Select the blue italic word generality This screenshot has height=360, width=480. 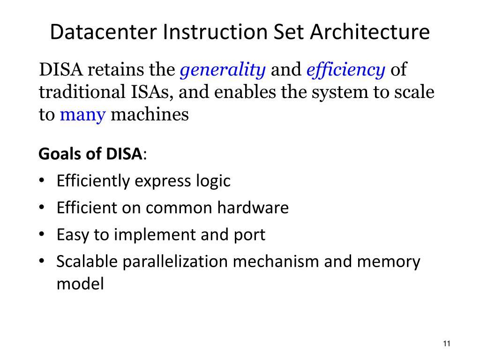[x=223, y=70]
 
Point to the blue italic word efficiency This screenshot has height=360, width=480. [x=345, y=70]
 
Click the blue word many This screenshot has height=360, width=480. [x=82, y=114]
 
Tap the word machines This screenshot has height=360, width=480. [x=150, y=114]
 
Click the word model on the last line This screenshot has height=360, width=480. [x=80, y=284]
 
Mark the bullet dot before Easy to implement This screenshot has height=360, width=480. [x=42, y=234]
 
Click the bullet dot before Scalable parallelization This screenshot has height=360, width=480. [x=42, y=262]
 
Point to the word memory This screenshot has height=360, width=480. [x=389, y=262]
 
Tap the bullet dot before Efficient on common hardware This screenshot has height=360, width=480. [x=42, y=207]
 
